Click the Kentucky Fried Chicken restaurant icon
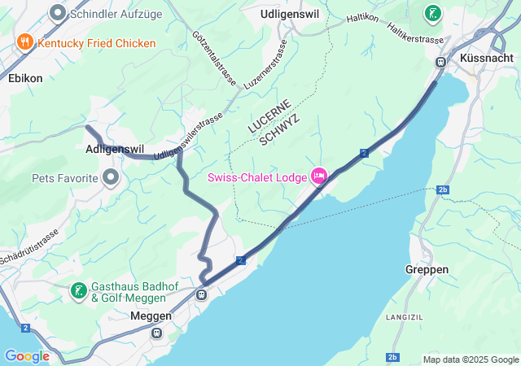coord(25,42)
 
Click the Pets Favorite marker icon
coord(110,177)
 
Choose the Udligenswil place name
coord(290,15)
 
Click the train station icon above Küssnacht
coord(440,62)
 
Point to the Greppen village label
coord(427,269)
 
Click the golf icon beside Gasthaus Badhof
coord(78,291)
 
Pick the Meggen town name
coord(151,316)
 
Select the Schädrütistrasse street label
coord(28,245)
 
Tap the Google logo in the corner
coord(27,356)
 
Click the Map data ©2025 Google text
coord(470,359)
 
